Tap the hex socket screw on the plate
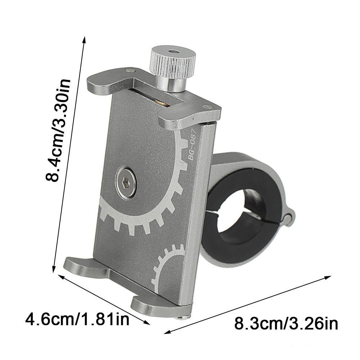[126, 183]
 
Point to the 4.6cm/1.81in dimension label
[77, 319]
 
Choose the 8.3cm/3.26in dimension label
[286, 324]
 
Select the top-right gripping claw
[189, 116]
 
